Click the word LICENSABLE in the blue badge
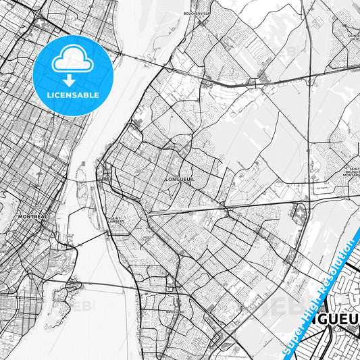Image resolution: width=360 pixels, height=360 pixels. point(74,95)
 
